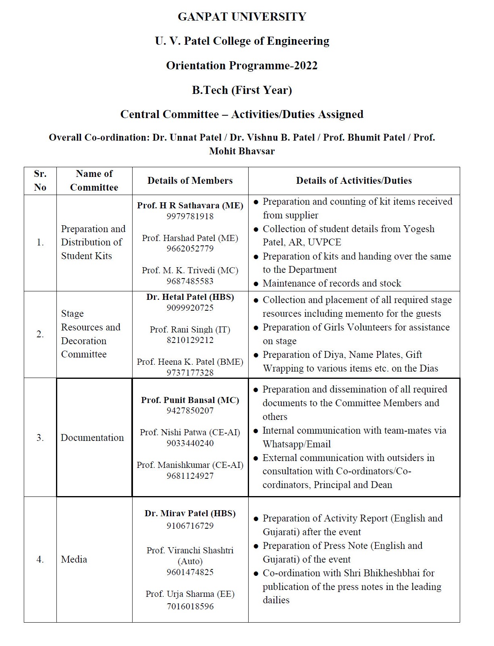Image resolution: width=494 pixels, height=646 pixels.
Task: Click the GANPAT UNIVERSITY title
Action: pos(242,17)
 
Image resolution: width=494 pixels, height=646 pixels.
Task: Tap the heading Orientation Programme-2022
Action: pos(242,66)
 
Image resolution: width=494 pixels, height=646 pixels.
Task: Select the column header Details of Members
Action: pos(190,181)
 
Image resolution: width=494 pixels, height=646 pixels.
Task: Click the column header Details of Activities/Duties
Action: pos(354,181)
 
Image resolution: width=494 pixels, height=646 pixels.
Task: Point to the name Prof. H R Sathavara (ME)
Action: pos(190,206)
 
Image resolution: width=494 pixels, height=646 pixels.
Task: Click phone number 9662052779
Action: pos(190,249)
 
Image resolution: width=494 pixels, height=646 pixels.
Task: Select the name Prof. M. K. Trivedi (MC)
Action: pos(190,270)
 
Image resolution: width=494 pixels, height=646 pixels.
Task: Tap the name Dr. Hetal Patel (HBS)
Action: pos(190,297)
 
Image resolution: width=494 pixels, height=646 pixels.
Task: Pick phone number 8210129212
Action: pos(190,340)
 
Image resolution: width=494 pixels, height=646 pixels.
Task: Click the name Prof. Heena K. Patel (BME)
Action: pos(190,362)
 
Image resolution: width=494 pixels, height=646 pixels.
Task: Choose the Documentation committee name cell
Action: pos(92,438)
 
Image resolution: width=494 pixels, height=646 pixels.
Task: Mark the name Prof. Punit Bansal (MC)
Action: pos(190,400)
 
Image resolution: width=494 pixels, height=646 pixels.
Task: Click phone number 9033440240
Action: pos(190,443)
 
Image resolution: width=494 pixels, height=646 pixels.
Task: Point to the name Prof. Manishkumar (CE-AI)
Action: pos(190,465)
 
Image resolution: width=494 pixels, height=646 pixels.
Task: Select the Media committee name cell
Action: pos(74,559)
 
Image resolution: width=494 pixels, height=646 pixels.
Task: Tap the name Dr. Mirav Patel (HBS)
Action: pos(190,513)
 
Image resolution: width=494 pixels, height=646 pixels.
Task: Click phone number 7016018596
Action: pos(190,607)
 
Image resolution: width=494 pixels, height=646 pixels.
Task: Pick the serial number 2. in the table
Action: pos(40,334)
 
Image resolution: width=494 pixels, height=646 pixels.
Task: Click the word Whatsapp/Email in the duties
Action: pos(297,444)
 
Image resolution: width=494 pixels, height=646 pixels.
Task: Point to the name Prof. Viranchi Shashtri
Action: pos(190,550)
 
